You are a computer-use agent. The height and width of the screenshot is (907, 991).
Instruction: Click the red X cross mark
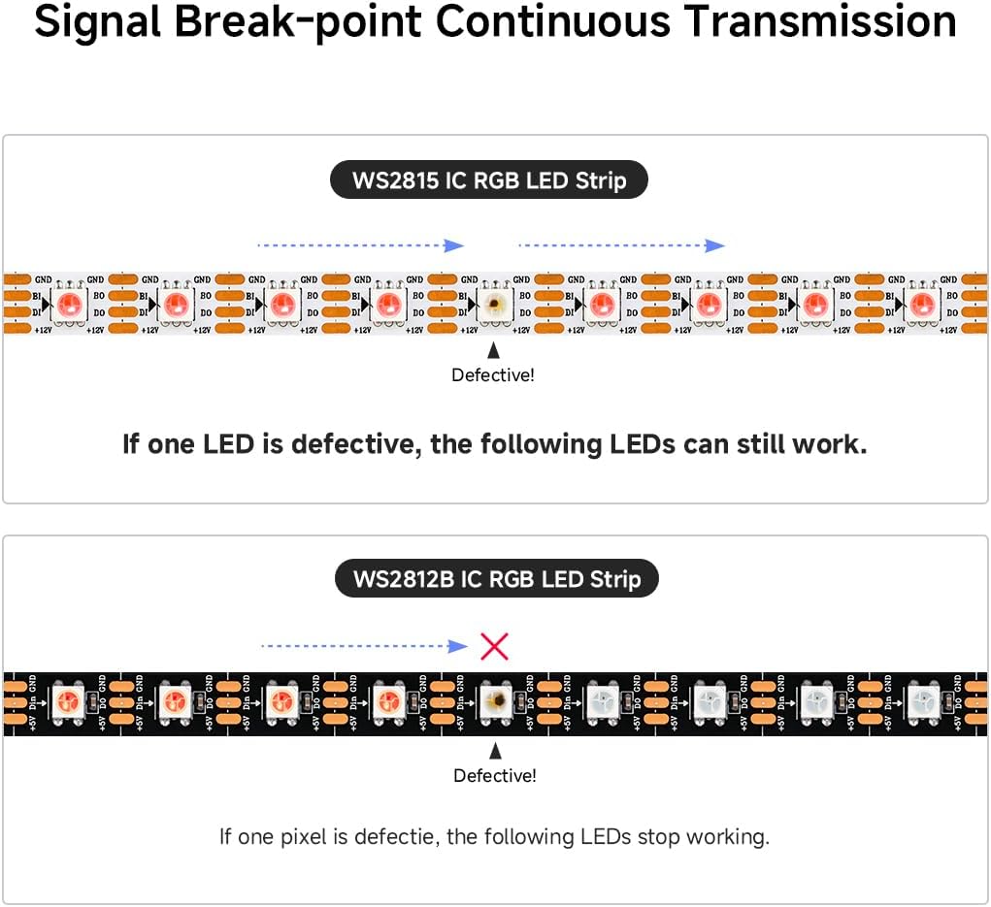click(x=495, y=646)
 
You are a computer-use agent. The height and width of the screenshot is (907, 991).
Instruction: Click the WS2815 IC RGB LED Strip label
click(x=489, y=180)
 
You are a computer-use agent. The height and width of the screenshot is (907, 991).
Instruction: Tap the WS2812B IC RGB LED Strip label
click(x=497, y=580)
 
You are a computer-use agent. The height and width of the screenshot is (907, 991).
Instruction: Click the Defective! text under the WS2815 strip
click(x=493, y=374)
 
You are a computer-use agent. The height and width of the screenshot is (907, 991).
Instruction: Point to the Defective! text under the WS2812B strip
click(x=495, y=775)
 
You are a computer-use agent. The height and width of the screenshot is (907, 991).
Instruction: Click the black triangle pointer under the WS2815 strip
click(x=494, y=350)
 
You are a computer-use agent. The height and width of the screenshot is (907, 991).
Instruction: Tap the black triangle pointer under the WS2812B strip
click(x=495, y=750)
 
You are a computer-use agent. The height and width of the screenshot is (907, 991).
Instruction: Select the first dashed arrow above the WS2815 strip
click(x=360, y=245)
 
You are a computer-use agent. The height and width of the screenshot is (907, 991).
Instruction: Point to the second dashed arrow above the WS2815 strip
click(x=622, y=245)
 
